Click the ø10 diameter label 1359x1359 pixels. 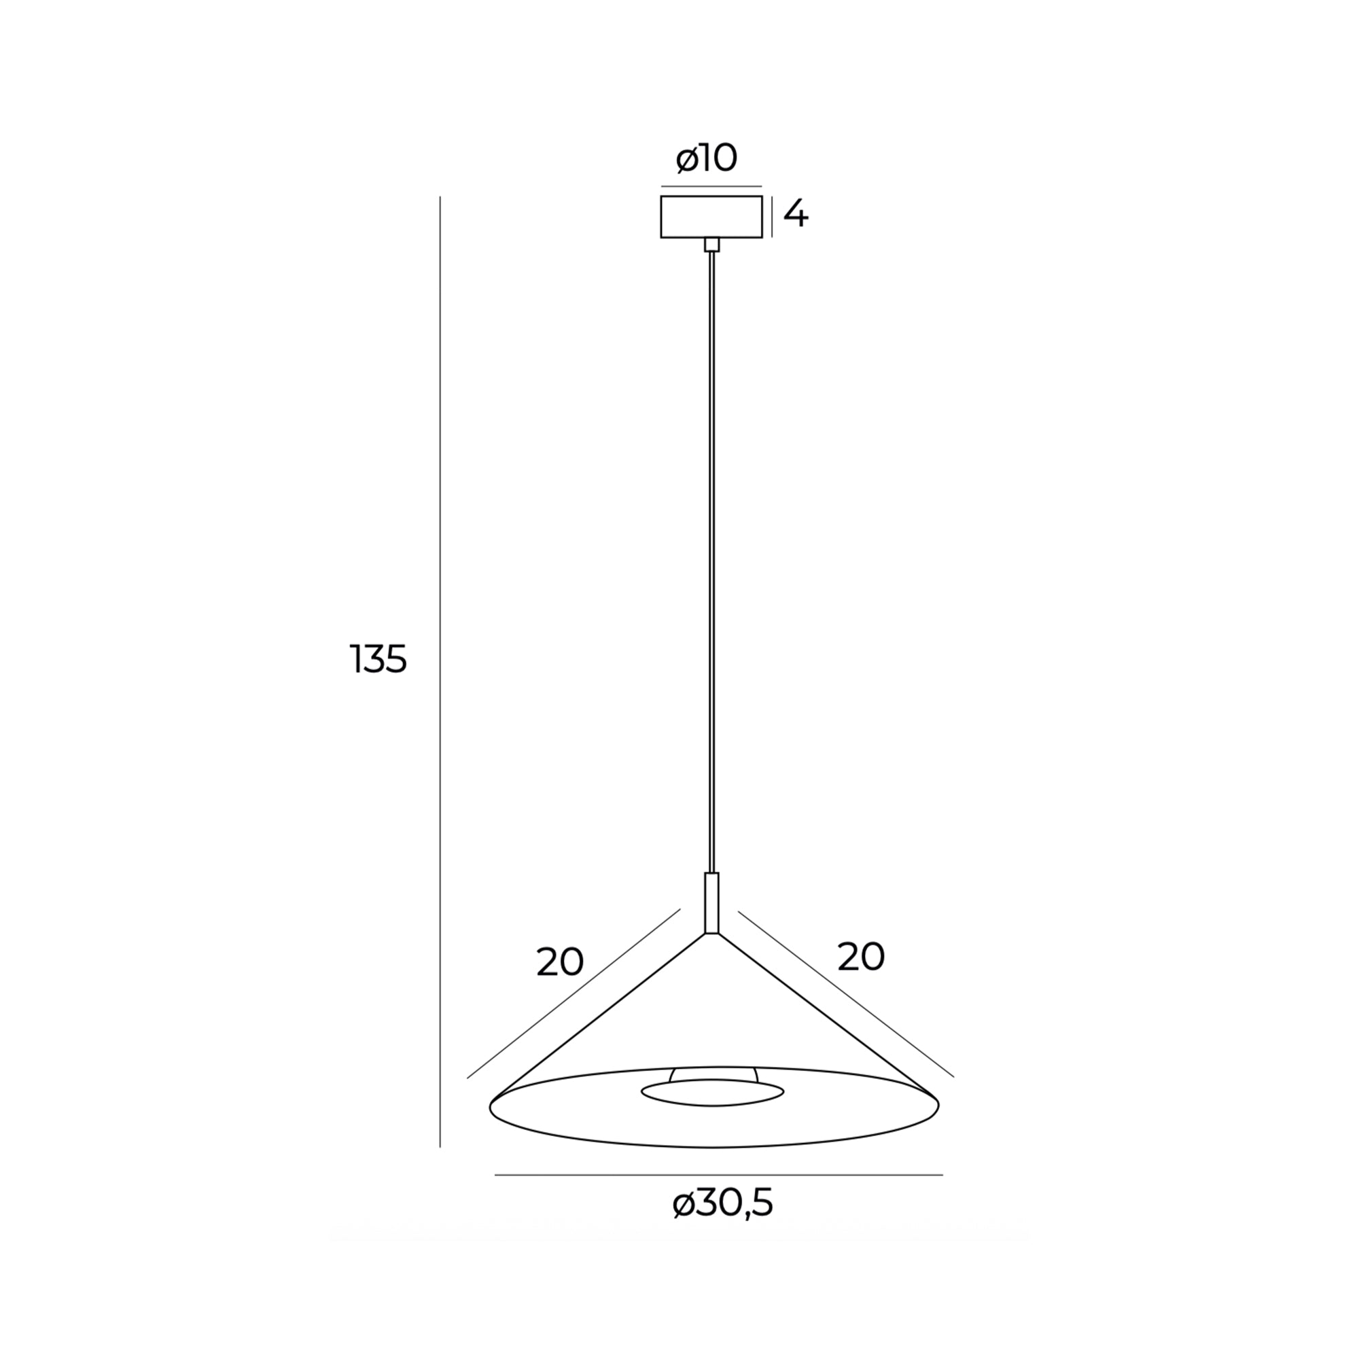coord(706,158)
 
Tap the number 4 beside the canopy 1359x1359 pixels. coord(796,214)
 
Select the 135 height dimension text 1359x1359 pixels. coord(378,660)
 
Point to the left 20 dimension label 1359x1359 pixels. coord(560,961)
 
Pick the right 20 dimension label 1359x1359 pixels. coord(861,957)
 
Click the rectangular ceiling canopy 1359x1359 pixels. coord(711,217)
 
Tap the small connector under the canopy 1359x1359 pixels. coord(712,244)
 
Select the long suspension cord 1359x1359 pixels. coord(712,562)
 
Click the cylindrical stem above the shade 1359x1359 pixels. coord(712,903)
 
